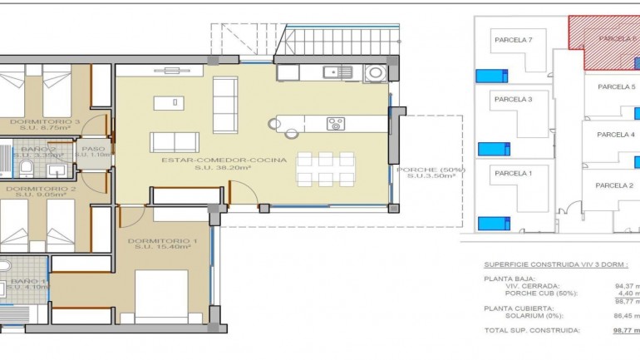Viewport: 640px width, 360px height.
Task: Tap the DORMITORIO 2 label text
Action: (42, 189)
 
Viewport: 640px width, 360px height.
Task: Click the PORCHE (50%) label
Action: (430, 170)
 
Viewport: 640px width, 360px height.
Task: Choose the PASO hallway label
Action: (93, 150)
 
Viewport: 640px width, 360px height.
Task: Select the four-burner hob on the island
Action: (336, 124)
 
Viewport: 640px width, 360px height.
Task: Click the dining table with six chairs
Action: (325, 169)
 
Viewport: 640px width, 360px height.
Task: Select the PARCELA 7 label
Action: (513, 39)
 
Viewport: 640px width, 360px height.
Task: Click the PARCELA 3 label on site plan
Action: (513, 99)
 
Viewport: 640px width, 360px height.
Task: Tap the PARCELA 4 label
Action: (616, 135)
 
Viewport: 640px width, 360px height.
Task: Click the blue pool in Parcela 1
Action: (492, 223)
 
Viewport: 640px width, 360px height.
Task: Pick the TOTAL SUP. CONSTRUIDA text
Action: (531, 330)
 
